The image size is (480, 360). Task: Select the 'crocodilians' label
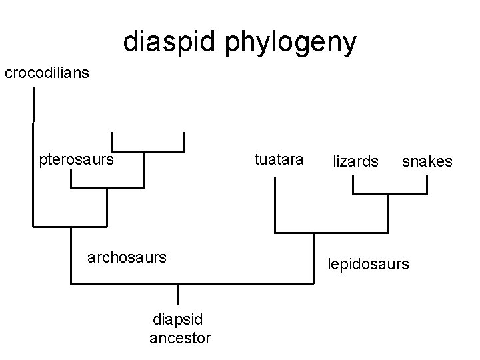[47, 73]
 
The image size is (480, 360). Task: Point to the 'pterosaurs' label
[77, 159]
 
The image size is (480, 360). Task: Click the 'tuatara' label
[279, 159]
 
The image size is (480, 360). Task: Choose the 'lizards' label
[356, 161]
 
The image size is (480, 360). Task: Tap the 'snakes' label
[427, 161]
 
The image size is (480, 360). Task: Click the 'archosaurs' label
[127, 257]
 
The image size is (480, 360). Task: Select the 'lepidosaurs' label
[367, 264]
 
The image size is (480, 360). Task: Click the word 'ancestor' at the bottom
[180, 339]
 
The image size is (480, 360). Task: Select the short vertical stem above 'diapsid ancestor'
[178, 295]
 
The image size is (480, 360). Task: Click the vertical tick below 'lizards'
[353, 185]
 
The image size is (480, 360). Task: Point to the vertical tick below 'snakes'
[427, 185]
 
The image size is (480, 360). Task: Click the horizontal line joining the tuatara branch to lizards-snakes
[331, 232]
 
